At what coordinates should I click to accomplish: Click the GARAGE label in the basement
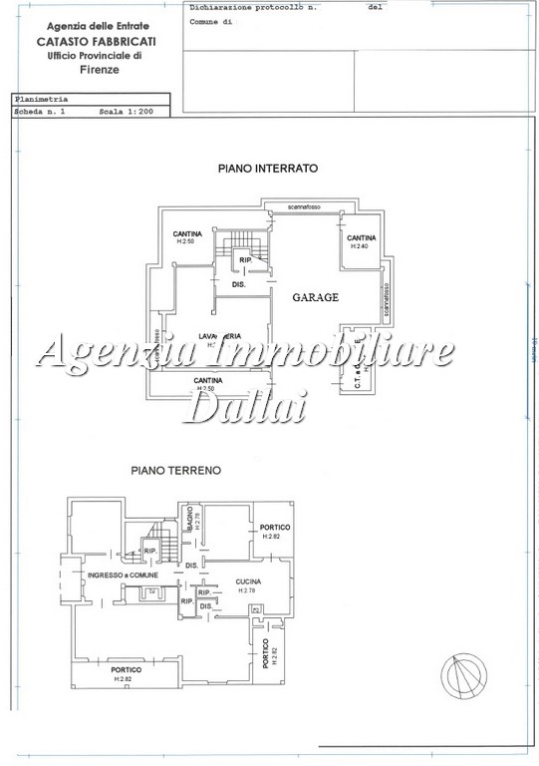315,297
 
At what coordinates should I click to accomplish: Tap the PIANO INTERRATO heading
267,170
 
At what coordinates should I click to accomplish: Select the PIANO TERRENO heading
175,468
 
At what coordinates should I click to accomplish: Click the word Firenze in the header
99,71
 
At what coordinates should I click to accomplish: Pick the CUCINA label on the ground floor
248,581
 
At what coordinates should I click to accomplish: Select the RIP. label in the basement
246,261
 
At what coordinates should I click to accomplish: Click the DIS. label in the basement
239,284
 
